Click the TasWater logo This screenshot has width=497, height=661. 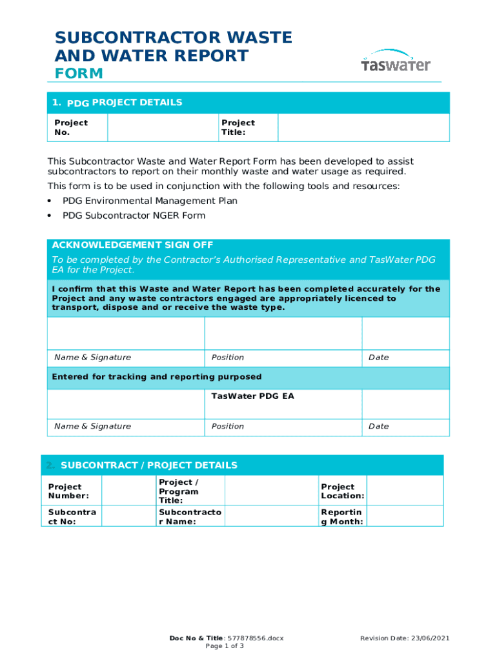(395, 62)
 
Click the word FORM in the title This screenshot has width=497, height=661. (79, 74)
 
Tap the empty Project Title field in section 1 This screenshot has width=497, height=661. (363, 128)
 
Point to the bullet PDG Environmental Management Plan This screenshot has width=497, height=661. (150, 201)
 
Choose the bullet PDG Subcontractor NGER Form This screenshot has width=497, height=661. (134, 216)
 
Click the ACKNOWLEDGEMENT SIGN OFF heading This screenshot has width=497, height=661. (132, 245)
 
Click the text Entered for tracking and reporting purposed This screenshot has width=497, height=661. (157, 377)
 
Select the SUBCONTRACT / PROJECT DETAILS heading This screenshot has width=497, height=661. (148, 465)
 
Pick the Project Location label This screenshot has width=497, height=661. (342, 491)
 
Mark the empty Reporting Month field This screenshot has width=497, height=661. (405, 516)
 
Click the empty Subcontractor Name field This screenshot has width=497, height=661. (271, 516)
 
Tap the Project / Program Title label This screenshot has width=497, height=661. (179, 491)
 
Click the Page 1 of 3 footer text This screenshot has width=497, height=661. (225, 646)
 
